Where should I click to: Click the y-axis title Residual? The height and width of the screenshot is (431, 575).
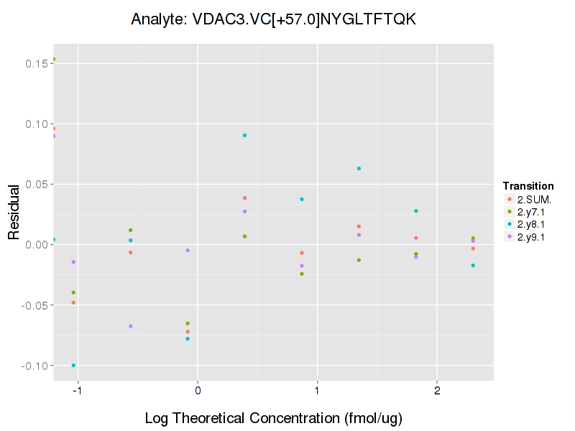pos(13,213)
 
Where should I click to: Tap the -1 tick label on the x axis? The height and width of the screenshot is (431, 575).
pos(76,391)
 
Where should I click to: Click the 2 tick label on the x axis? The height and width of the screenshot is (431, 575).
pos(437,391)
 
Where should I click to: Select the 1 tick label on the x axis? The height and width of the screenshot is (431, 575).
pos(317,391)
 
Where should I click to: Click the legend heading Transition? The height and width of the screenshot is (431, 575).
pos(528,186)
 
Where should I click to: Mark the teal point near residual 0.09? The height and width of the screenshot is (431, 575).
pos(245,135)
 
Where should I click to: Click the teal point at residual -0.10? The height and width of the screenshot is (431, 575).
pos(73,366)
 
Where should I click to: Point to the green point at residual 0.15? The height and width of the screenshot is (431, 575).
pos(54,60)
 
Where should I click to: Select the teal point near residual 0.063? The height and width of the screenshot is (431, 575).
pos(359,169)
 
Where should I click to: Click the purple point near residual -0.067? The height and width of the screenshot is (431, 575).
pos(130,326)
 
